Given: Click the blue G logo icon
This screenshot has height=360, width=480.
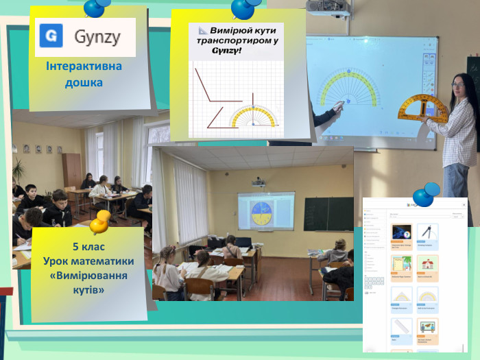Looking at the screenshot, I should (x=51, y=36).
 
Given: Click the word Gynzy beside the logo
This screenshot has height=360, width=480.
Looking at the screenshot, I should (x=97, y=36).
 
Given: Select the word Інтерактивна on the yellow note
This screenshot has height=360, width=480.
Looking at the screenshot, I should (x=84, y=67).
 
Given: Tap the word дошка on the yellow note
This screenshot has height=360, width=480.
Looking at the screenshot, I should (x=84, y=82).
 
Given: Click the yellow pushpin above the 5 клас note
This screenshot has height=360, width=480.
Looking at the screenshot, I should (x=100, y=220).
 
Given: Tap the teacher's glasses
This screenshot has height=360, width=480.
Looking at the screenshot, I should (x=457, y=86).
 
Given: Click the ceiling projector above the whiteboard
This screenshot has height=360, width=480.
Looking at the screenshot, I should (x=328, y=9).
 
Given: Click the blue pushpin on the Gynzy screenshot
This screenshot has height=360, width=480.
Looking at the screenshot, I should (x=426, y=194).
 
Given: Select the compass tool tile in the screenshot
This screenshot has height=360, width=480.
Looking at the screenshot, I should (x=427, y=232).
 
